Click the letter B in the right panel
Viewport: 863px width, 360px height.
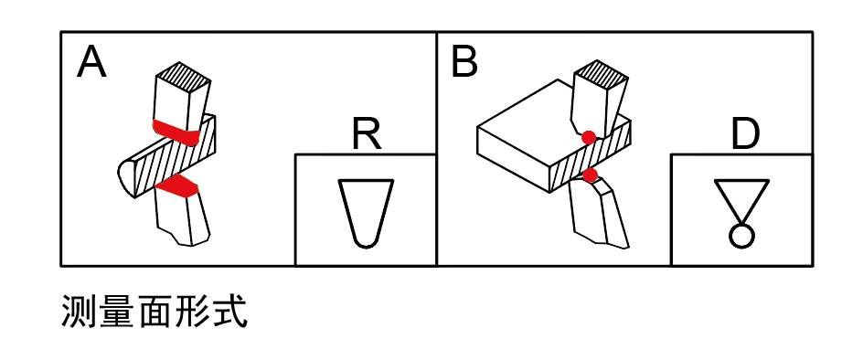(x=464, y=62)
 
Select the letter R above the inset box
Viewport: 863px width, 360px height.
(x=366, y=135)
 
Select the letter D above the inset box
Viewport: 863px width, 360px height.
(x=746, y=135)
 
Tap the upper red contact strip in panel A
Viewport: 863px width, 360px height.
(x=177, y=132)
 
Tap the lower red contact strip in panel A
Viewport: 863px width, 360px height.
(x=177, y=187)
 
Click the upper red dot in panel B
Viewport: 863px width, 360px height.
(x=590, y=137)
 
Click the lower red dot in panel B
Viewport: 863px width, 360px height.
(x=591, y=174)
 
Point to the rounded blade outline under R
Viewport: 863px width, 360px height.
(x=366, y=210)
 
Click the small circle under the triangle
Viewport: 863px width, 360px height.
(x=740, y=235)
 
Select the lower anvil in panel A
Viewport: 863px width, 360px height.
(x=183, y=219)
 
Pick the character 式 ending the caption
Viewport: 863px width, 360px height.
(x=233, y=313)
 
